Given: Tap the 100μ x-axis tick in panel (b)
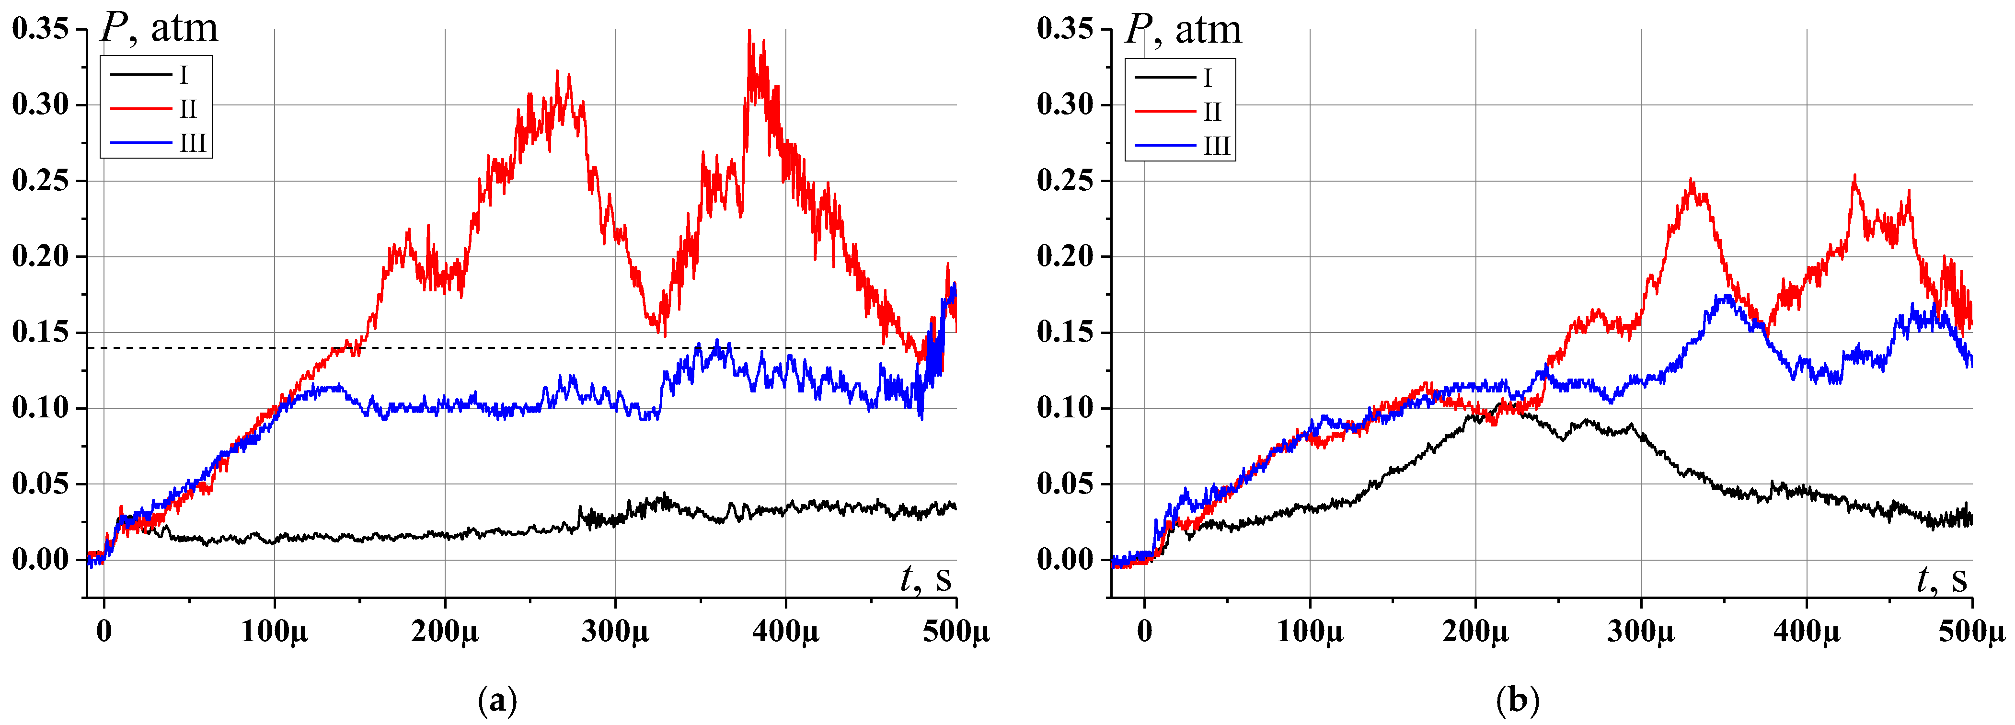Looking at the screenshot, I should (x=1310, y=631).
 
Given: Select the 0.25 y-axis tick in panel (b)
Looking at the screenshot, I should (x=1065, y=181).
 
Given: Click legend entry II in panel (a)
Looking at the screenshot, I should (x=188, y=109).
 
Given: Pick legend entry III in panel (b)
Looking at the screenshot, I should (x=1216, y=146).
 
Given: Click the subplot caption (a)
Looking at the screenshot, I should (x=497, y=700).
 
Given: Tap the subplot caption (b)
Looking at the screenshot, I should (x=1518, y=700).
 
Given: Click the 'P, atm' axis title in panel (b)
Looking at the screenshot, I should (x=1183, y=30).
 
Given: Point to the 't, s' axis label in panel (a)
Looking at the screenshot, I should (x=925, y=579).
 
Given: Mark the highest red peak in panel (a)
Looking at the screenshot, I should (x=749, y=31).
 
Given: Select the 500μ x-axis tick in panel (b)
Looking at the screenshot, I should (x=1971, y=631).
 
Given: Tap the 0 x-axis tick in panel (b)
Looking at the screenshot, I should (x=1144, y=631).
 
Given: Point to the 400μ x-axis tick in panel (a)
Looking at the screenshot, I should (x=785, y=631).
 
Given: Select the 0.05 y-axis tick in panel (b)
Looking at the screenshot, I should (x=1065, y=484).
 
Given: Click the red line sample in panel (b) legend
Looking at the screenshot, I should (x=1165, y=112).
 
